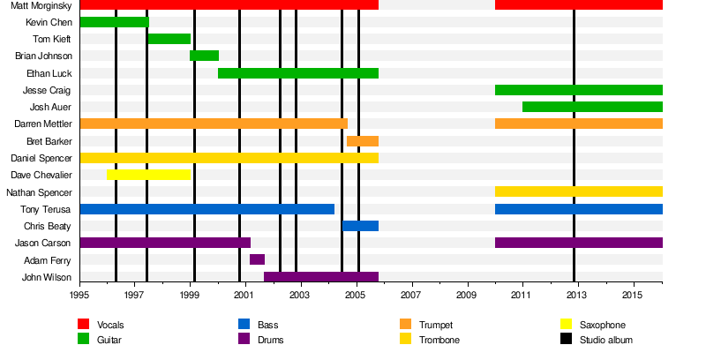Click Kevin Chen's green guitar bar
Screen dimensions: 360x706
114,22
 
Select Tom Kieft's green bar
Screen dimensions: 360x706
169,39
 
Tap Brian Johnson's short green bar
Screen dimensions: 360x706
204,56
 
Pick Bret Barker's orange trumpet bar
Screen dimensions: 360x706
363,141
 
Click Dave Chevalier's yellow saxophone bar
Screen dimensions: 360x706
148,175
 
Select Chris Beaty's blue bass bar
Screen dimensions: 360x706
360,226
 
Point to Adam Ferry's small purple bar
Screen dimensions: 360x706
257,259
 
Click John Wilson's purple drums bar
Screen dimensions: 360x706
321,277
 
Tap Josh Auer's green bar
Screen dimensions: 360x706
591,107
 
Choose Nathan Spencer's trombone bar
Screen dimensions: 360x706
578,191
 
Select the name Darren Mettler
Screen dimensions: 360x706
41,124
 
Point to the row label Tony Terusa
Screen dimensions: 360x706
47,209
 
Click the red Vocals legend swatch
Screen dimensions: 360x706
84,325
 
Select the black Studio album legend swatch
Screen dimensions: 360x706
566,339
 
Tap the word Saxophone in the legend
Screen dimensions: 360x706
602,325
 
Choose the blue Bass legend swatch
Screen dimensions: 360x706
244,325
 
